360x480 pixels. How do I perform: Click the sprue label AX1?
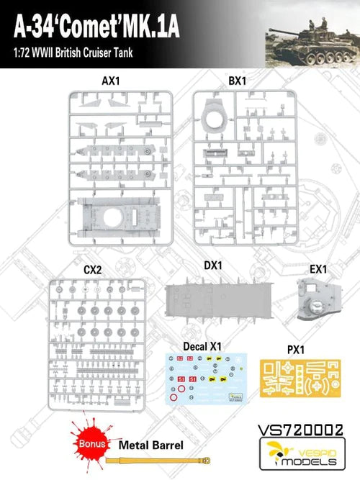click(x=111, y=81)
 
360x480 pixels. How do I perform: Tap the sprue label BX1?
click(x=238, y=81)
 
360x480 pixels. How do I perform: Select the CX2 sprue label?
click(x=93, y=270)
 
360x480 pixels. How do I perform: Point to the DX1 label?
click(x=213, y=266)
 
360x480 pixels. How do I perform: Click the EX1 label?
click(x=318, y=269)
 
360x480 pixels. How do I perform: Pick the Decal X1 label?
click(x=202, y=347)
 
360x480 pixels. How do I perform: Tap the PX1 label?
click(x=296, y=350)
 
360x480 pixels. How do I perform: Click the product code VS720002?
click(x=300, y=430)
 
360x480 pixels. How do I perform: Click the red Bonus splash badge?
click(x=92, y=443)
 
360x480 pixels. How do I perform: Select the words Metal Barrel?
click(x=151, y=445)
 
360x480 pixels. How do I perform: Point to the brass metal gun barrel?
click(x=158, y=460)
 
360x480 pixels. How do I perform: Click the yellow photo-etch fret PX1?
click(x=300, y=379)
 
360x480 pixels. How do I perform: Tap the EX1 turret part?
click(x=319, y=299)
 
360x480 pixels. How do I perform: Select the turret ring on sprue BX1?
click(x=216, y=117)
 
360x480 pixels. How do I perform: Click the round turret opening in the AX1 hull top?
click(x=113, y=217)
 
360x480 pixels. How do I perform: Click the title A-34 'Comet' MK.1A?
click(x=96, y=27)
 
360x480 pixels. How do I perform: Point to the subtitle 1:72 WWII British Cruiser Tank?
click(x=73, y=53)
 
